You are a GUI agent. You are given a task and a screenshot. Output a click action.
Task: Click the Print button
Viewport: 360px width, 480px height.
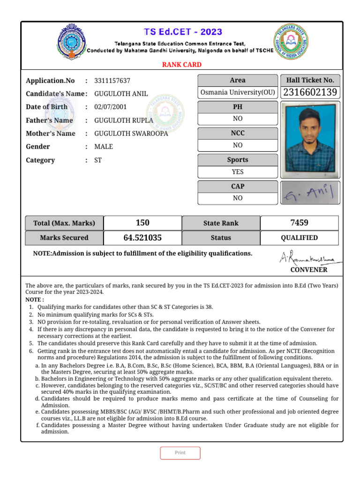tap(180, 453)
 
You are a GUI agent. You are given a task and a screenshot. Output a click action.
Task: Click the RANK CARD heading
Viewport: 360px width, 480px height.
tap(182, 65)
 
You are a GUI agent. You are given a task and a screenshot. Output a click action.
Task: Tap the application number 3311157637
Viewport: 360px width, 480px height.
tap(112, 81)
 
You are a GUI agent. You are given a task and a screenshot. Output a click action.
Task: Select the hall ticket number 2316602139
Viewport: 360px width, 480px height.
tap(310, 92)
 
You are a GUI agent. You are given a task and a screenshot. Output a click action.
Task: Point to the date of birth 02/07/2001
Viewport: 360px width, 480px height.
tap(111, 107)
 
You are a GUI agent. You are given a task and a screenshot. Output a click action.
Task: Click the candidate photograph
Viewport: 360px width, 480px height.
tap(310, 139)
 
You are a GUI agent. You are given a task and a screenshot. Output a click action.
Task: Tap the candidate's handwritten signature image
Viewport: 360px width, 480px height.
tap(310, 193)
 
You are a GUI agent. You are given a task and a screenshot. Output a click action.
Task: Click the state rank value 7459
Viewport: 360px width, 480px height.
tap(299, 223)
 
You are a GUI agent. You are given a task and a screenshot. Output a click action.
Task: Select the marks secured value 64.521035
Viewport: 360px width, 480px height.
tap(142, 238)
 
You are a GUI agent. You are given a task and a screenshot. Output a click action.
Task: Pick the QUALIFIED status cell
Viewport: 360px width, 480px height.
tap(299, 238)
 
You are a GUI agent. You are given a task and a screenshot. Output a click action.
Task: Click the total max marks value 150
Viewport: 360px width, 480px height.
tap(142, 223)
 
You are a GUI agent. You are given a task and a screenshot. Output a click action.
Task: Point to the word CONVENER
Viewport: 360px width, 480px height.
tap(309, 270)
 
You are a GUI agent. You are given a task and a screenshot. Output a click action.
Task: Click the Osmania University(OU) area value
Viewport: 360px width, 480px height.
tap(238, 92)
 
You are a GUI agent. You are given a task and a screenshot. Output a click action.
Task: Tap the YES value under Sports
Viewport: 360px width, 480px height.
tap(238, 172)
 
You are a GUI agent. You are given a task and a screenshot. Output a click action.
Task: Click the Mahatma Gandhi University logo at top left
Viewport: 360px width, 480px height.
tap(72, 42)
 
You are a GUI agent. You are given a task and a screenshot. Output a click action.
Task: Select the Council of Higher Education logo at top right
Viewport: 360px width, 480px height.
tap(292, 42)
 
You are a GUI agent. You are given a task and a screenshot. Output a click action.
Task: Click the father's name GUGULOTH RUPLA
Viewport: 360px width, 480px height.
tap(124, 120)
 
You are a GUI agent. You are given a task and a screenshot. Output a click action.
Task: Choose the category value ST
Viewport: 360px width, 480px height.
tap(98, 160)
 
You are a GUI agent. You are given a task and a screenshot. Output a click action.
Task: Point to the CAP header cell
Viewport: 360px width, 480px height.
tap(238, 186)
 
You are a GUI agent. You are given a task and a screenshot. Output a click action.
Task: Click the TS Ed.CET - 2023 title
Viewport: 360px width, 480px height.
tap(183, 32)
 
